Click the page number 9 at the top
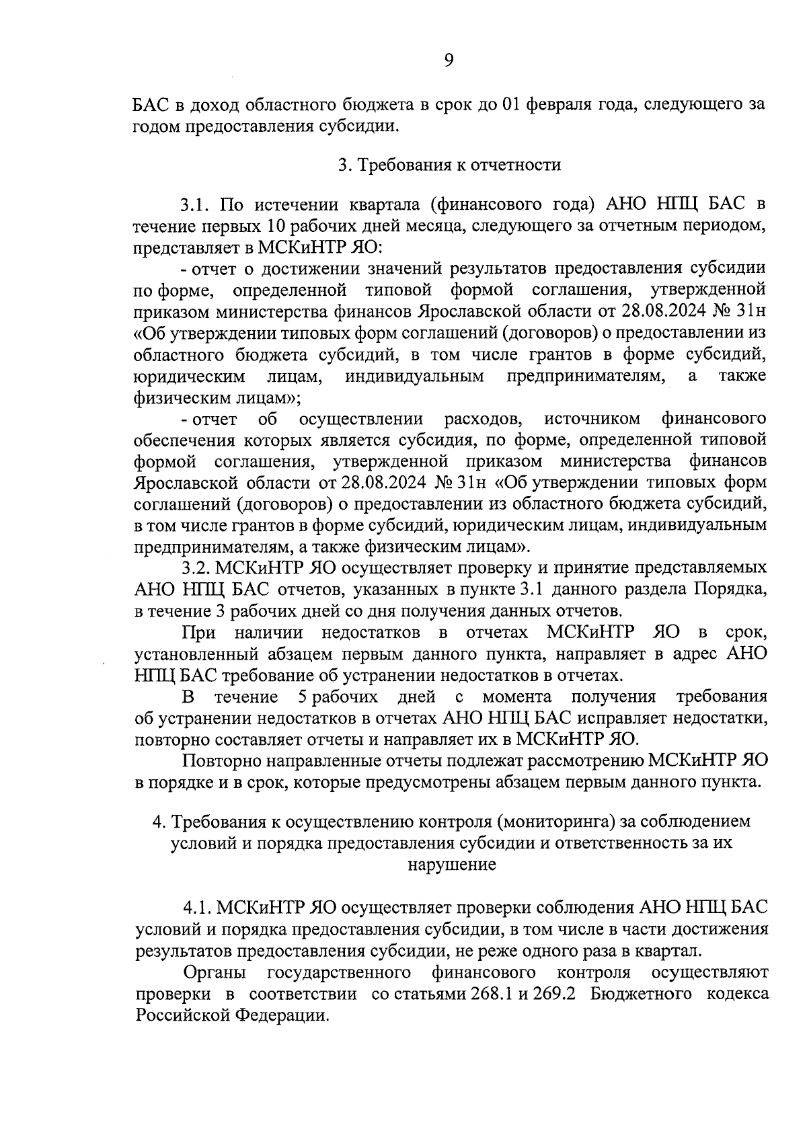(449, 61)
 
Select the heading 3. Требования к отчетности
(449, 165)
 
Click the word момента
(517, 696)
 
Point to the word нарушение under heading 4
(451, 865)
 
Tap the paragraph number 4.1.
(198, 908)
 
